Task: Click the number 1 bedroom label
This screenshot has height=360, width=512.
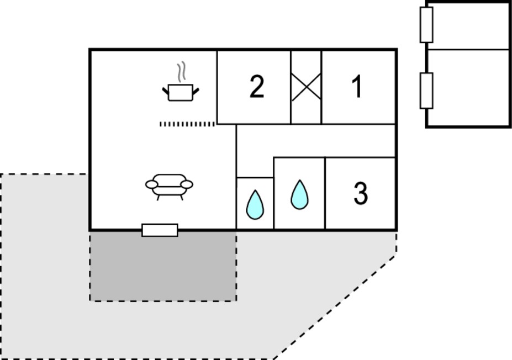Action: point(357,86)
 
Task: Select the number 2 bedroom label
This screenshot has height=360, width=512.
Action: point(257,86)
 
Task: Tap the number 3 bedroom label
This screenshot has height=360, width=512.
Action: point(361,193)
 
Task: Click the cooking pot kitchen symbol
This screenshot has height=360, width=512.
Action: point(181,92)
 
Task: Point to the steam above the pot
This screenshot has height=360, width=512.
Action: point(181,71)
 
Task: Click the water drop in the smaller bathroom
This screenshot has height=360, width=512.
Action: point(255,205)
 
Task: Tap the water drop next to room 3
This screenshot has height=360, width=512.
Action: point(299,194)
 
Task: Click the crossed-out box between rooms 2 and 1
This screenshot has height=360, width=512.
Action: point(306,87)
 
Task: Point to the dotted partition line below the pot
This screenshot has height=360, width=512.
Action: point(187,124)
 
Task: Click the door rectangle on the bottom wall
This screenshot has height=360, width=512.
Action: point(160,230)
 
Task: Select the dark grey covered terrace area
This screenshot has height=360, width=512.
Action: point(163,266)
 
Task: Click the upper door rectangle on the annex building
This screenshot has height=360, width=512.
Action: point(426,25)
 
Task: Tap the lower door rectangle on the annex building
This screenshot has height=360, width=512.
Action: point(426,91)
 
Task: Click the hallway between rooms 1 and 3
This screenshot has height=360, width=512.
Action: point(316,141)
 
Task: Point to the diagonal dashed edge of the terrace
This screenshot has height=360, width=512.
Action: point(335,307)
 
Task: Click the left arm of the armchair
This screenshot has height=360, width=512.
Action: point(151,185)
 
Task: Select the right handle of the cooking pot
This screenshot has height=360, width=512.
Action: point(196,92)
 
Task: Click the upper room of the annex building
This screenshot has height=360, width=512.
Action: point(468,26)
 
